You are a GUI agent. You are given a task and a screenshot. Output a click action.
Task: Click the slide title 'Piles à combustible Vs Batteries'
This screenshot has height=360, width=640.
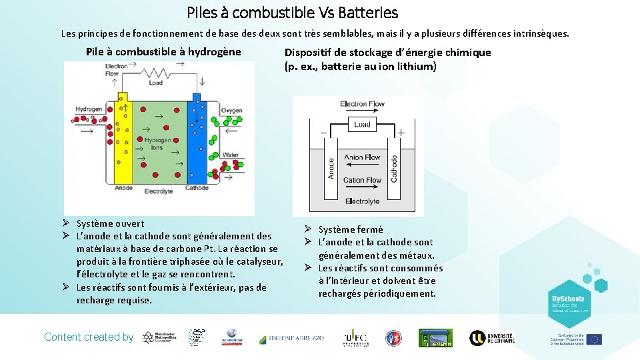click(x=292, y=13)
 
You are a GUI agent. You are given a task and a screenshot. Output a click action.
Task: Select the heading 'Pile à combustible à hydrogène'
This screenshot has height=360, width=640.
click(x=163, y=52)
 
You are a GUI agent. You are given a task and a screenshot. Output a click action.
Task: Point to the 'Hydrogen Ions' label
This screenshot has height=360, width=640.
click(x=158, y=143)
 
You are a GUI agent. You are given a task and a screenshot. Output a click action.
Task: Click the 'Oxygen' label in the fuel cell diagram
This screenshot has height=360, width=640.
click(x=231, y=110)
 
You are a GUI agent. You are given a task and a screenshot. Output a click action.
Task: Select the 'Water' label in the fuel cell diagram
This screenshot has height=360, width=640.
click(x=230, y=155)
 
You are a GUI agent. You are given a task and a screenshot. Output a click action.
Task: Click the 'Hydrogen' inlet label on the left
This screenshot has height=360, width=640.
click(x=89, y=109)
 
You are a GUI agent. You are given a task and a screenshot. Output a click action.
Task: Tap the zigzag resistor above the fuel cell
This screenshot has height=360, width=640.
click(x=155, y=74)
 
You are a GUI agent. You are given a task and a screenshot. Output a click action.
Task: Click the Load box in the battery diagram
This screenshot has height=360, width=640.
click(x=362, y=125)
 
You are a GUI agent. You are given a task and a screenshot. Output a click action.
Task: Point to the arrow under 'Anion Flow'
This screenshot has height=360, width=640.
click(x=362, y=167)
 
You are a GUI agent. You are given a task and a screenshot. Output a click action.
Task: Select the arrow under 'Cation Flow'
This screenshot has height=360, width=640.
click(x=362, y=189)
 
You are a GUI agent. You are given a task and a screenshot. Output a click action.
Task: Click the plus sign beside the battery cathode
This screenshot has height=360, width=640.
click(x=401, y=133)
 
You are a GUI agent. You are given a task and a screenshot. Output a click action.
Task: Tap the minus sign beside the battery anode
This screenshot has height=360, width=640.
click(x=323, y=133)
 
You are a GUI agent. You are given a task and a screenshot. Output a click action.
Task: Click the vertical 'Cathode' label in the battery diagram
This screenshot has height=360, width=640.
click(x=394, y=168)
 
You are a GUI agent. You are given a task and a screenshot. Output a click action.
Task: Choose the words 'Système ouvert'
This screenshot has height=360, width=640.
click(x=110, y=223)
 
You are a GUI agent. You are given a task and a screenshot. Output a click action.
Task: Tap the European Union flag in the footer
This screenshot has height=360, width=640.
click(x=593, y=339)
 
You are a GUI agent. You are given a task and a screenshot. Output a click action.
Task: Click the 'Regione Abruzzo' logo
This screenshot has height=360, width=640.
click(x=291, y=339)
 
